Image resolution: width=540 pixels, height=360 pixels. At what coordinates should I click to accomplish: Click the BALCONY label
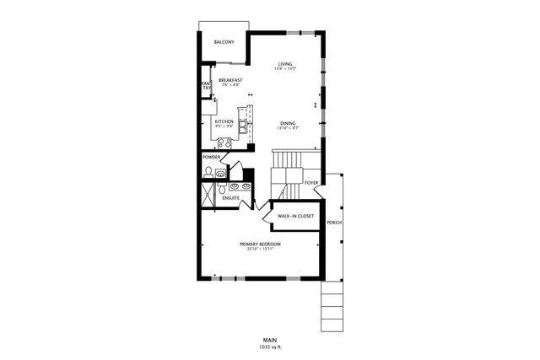pos(224,42)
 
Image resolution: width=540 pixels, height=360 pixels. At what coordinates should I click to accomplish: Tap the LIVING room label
pos(284,63)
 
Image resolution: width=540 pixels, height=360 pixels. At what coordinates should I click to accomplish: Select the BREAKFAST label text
pos(230,79)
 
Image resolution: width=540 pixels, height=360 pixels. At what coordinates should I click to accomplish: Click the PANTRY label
pos(205,86)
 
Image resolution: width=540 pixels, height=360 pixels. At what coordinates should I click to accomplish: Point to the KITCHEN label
pos(224,121)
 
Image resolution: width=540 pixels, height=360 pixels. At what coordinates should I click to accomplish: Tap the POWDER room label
pos(212,157)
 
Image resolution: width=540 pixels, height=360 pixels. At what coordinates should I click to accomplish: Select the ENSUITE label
pos(231,198)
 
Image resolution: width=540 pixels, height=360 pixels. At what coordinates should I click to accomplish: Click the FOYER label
pos(311,182)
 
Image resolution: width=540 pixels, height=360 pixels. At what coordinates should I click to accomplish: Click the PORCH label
pos(334,223)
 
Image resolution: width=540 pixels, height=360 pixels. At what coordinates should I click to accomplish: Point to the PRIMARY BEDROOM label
pos(259,244)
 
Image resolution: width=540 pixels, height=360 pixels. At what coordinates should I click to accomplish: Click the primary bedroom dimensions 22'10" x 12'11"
pos(259,249)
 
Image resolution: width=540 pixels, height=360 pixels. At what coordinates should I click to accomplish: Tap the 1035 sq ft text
pos(270,347)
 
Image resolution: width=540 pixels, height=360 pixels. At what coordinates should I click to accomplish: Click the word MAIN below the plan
pos(270,340)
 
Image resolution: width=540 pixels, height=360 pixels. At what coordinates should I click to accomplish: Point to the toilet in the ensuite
pos(221,191)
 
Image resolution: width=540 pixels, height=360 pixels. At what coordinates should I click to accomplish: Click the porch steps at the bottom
pos(332,308)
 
